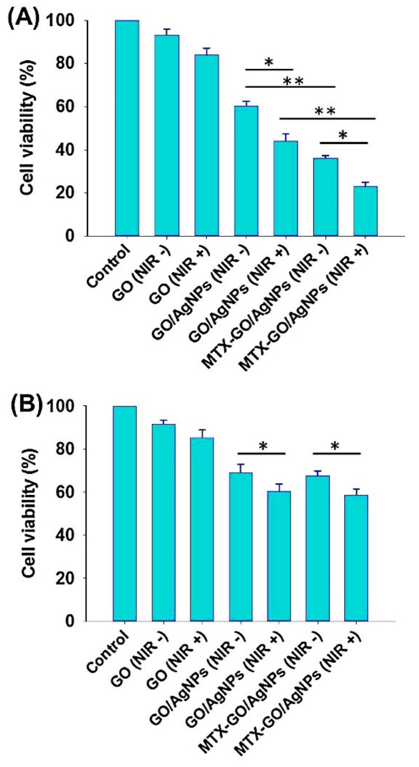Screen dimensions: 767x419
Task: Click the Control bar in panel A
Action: pos(127,128)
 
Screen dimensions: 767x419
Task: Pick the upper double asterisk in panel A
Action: pos(293,81)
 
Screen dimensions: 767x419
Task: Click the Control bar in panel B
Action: pos(125,514)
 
